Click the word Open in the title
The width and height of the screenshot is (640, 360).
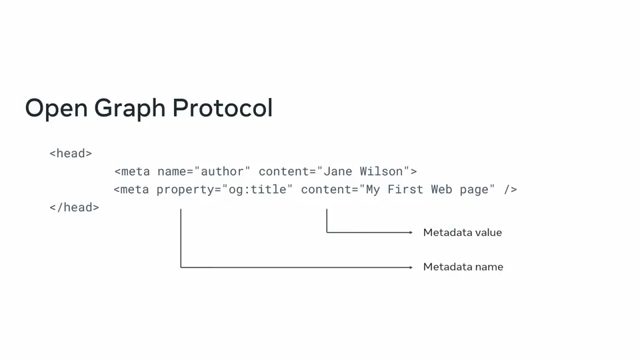[56, 109]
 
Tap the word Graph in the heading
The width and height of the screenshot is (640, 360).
[130, 109]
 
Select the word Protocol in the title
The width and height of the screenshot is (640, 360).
[223, 108]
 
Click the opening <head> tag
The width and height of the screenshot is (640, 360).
[71, 153]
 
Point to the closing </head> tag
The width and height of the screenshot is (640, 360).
[74, 207]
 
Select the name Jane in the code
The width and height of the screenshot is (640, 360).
[337, 171]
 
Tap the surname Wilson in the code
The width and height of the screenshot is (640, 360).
[381, 171]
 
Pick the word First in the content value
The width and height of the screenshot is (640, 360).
[405, 189]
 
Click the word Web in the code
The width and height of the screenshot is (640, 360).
[441, 189]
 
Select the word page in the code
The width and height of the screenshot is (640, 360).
[474, 190]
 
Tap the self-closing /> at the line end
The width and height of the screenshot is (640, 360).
[510, 189]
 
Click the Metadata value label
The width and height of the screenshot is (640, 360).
[463, 232]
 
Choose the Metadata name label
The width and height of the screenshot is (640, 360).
[463, 267]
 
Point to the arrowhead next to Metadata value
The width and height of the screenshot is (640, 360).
[411, 232]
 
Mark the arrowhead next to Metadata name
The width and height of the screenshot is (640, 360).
[411, 267]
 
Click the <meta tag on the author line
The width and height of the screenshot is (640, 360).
[132, 171]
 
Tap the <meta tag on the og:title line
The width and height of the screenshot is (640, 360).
[131, 189]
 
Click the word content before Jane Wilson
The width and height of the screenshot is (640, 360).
[284, 171]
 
